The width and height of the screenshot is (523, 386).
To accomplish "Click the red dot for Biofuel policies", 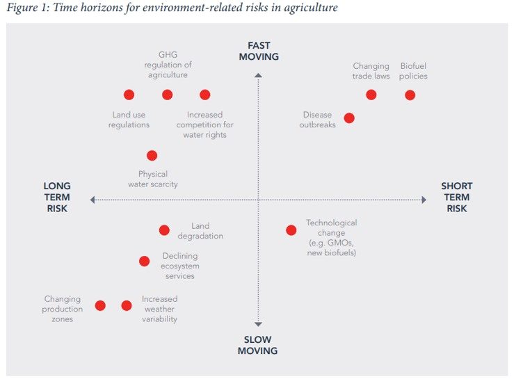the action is click(410, 95).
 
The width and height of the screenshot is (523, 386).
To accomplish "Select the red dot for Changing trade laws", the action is click(371, 95).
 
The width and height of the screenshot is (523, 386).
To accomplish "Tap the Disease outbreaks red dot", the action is click(349, 118).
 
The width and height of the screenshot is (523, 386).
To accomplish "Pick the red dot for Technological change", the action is click(291, 230).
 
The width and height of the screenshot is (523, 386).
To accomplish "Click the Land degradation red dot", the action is click(164, 230).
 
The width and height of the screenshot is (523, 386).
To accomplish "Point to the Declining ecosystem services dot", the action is click(145, 261).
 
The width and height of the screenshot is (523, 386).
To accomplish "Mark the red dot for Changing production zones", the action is click(100, 305).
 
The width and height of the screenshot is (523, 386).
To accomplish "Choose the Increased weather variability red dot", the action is click(127, 305).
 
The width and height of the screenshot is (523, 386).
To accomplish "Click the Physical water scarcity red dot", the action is click(152, 156).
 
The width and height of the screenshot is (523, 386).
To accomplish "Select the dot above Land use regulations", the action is click(129, 95).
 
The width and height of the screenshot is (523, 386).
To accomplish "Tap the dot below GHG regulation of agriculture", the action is click(168, 95).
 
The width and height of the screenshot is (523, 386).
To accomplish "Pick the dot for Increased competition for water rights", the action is click(204, 95).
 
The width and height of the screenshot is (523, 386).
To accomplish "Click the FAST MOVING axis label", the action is click(259, 51).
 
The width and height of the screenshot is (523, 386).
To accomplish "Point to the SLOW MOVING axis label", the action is click(257, 345).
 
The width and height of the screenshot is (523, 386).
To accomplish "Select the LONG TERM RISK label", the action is click(57, 197).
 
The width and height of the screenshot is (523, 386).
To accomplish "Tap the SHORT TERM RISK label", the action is click(457, 197).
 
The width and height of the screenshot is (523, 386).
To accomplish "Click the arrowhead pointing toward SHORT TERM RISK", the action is click(424, 200).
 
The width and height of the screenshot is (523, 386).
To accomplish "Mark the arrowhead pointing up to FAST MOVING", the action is click(258, 75).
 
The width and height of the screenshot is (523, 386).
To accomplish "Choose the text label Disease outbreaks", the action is click(318, 120).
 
